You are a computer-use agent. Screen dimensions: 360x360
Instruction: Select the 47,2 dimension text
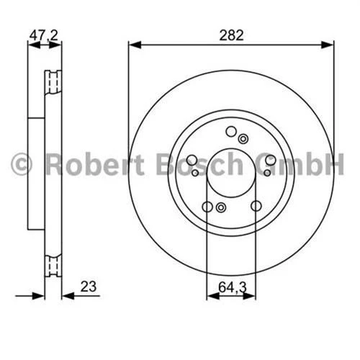coord(44,33)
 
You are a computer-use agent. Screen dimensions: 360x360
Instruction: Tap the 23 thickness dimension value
coord(89,287)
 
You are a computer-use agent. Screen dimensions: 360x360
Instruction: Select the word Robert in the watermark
coord(89,164)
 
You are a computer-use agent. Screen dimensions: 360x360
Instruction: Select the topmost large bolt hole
coord(231,131)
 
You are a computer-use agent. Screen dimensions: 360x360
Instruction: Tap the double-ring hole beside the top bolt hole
coord(243,139)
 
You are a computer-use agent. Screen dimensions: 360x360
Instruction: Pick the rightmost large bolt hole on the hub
coord(269,160)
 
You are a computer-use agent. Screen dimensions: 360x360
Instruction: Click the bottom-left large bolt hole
coord(207,207)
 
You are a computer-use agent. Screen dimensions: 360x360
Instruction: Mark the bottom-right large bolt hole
coord(256,207)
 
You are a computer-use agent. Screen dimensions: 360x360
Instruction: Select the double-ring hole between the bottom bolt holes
coord(221,209)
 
